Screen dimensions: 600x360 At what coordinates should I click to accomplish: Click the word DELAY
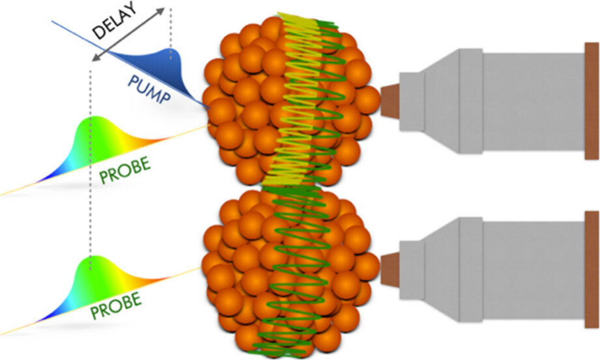[115, 20]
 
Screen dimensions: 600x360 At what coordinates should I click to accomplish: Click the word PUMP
[149, 90]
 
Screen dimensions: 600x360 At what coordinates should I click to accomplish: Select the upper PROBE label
[125, 170]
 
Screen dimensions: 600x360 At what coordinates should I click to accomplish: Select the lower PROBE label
[116, 305]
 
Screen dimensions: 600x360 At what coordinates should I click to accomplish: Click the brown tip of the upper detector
[390, 102]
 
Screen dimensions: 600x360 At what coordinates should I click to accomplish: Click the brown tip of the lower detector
[390, 270]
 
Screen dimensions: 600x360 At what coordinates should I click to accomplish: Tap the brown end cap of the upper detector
[592, 101]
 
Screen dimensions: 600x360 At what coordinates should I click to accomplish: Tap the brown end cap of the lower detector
[592, 270]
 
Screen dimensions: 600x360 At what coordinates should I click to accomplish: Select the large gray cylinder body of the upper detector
[534, 102]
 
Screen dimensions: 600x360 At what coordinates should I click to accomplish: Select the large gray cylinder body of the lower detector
[534, 270]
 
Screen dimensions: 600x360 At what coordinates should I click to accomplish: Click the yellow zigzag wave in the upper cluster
[295, 100]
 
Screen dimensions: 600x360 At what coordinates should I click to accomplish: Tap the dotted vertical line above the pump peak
[171, 27]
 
